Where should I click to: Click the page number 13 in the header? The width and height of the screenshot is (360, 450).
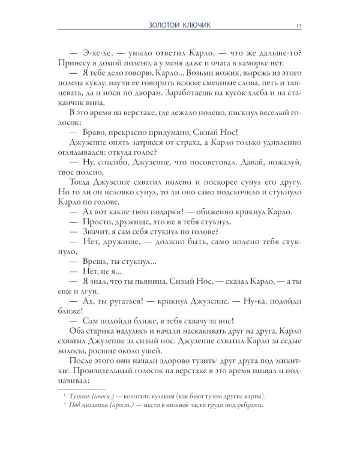point(299,25)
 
